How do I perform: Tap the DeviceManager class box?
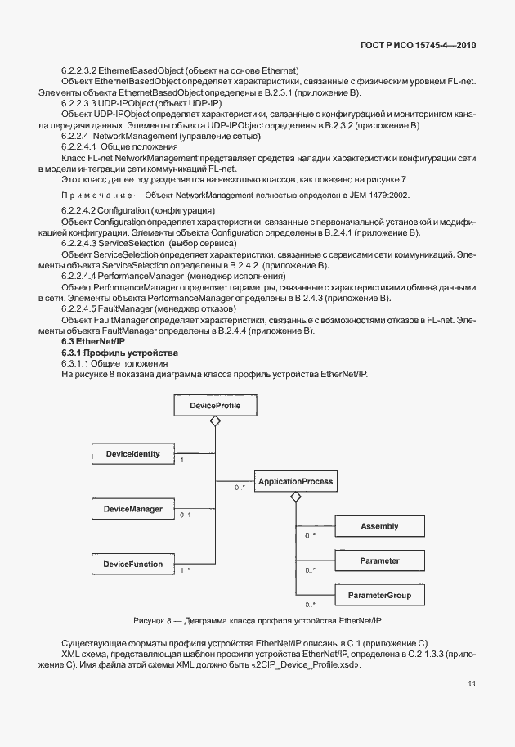[132, 509]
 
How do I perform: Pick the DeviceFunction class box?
[132, 564]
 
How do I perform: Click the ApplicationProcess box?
[295, 482]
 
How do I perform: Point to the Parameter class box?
[379, 561]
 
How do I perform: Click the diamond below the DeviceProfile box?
[215, 421]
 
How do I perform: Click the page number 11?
[472, 684]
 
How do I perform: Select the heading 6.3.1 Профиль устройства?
[108, 352]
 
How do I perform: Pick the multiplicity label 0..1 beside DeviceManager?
[185, 515]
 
